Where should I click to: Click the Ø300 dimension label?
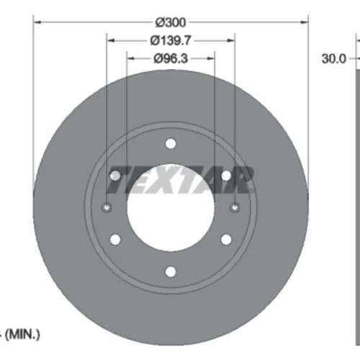point(171,22)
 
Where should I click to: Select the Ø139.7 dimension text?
point(171,40)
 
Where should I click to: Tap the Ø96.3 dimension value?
point(171,58)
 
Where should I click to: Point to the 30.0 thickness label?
point(334,58)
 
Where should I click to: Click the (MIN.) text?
point(22,334)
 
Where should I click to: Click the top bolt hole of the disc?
point(171,144)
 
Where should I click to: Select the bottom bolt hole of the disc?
point(171,271)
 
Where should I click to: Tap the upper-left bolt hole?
point(115,176)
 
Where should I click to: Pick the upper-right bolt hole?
point(226,176)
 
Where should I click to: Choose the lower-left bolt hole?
point(115,240)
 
